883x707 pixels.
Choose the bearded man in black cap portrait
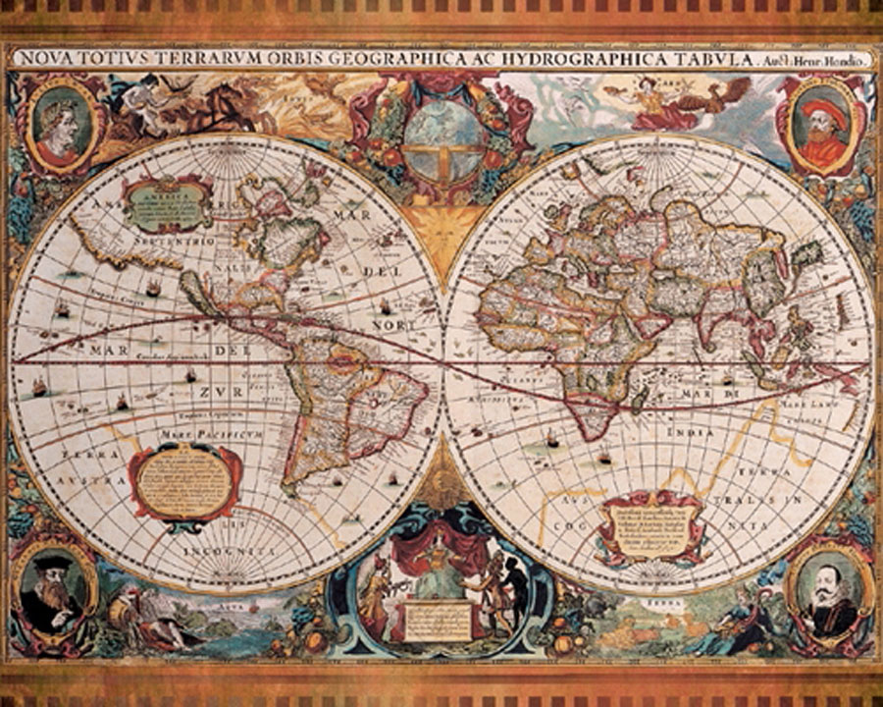51,589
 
